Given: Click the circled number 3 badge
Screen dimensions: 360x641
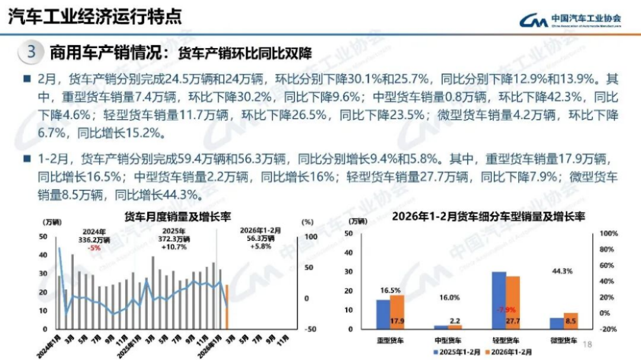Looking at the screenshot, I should [31, 52].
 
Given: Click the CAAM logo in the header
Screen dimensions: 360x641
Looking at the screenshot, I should [570, 20].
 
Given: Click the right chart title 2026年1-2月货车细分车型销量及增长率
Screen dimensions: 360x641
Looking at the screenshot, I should [488, 217].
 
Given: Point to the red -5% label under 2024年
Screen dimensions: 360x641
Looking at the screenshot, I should [94, 248].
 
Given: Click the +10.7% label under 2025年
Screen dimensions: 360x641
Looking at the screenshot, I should [173, 247].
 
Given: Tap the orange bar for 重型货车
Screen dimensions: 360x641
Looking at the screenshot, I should [396, 312].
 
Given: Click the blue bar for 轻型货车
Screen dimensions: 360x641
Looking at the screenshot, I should [499, 300].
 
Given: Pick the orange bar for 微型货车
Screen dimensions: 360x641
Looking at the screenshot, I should [570, 321].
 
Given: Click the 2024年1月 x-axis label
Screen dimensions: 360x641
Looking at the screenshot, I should [48, 343].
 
